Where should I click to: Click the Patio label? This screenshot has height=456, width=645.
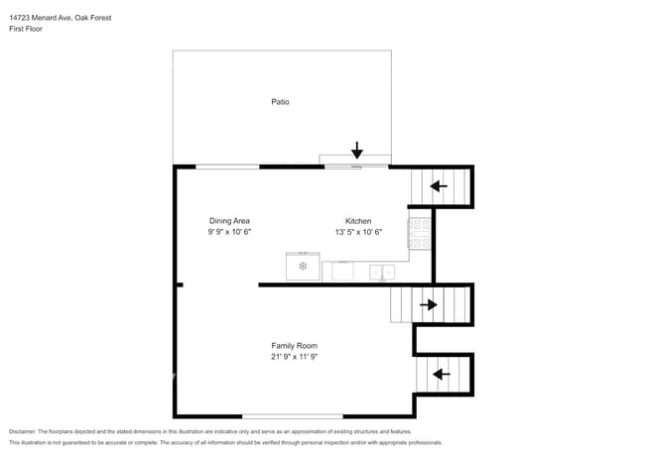[280, 101]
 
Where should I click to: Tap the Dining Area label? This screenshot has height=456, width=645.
[229, 220]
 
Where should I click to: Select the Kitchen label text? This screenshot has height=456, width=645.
[358, 220]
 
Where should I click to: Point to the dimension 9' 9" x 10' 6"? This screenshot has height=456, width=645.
[229, 232]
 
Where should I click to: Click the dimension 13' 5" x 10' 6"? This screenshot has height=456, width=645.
[358, 232]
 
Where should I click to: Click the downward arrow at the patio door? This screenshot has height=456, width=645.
[357, 151]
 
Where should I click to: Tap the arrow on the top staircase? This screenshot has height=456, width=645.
[438, 185]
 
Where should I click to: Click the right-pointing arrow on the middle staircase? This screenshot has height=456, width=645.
[429, 304]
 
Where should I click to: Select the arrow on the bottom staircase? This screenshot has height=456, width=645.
[438, 374]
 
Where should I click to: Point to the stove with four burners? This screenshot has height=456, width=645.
[420, 233]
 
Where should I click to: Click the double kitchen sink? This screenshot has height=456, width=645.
[382, 271]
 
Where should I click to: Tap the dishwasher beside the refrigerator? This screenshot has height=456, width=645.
[337, 270]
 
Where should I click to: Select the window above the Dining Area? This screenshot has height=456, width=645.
[227, 166]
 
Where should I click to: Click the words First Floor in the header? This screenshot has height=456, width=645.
[26, 29]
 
